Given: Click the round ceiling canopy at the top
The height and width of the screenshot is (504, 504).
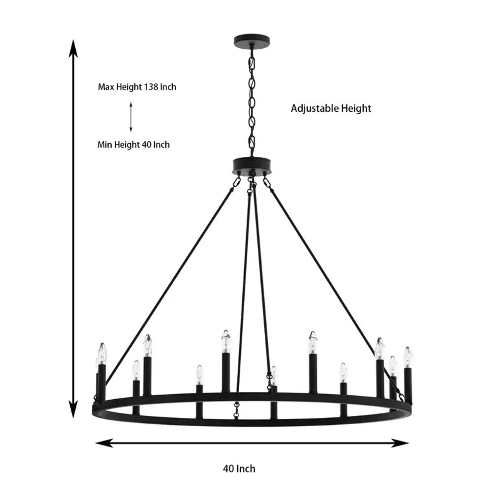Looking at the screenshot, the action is [252, 41].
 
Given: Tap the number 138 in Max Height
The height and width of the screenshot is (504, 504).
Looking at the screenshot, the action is [151, 87].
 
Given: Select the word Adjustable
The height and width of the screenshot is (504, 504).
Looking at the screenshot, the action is [315, 108].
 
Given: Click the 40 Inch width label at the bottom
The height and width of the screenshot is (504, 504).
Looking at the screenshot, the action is [239, 469].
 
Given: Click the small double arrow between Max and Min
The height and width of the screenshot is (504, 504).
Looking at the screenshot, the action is [131, 117].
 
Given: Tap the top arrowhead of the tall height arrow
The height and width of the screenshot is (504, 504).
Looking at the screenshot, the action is [74, 49].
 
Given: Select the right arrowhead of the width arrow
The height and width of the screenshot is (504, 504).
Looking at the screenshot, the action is [400, 443].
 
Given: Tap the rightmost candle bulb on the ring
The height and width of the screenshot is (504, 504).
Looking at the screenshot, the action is [408, 357].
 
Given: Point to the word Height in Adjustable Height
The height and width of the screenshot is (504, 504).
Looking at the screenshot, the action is [356, 108].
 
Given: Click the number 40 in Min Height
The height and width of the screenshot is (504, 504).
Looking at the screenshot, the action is [147, 145].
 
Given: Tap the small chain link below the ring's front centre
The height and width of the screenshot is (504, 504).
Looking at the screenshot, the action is [237, 410].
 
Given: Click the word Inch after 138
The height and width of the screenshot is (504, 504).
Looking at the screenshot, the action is [168, 87].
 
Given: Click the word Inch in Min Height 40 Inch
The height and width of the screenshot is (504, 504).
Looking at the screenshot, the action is [161, 145].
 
